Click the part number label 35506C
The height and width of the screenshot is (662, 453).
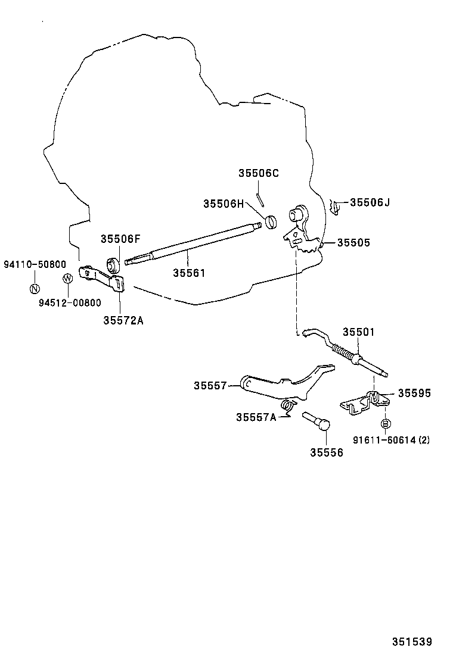click(259, 173)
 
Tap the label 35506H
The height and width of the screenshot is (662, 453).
click(224, 204)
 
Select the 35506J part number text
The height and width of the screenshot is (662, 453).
click(370, 202)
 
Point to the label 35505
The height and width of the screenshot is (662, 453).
click(353, 243)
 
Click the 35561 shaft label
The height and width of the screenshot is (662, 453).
click(189, 273)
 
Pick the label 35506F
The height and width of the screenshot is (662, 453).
click(120, 239)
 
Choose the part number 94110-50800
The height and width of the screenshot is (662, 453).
click(35, 264)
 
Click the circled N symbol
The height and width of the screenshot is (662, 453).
click(35, 289)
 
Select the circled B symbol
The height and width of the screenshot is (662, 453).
click(386, 423)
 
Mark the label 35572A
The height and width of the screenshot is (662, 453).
click(123, 320)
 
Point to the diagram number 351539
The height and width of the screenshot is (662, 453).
click(411, 642)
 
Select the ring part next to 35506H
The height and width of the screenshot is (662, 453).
click(271, 222)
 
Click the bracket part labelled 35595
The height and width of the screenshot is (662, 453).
click(363, 403)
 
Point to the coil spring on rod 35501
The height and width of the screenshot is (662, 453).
click(345, 352)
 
